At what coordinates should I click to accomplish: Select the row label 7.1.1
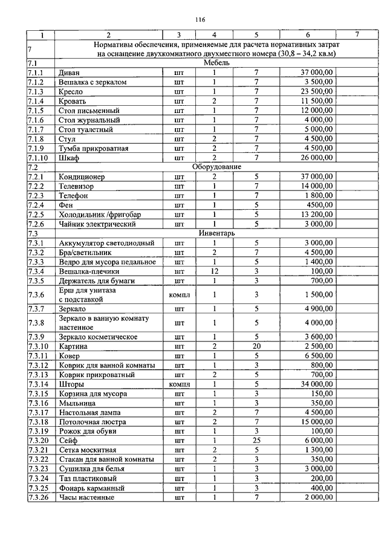click(x=36, y=73)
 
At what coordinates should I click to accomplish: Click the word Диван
click(x=70, y=73)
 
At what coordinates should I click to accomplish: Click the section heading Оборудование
click(x=216, y=167)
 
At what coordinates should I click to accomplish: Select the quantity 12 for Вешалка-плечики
click(x=214, y=271)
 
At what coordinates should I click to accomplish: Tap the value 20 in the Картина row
click(x=256, y=346)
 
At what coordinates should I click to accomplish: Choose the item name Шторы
click(x=71, y=384)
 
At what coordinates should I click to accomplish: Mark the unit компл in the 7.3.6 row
click(x=180, y=296)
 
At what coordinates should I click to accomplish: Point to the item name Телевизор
click(x=77, y=186)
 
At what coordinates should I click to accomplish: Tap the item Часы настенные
click(x=86, y=498)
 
